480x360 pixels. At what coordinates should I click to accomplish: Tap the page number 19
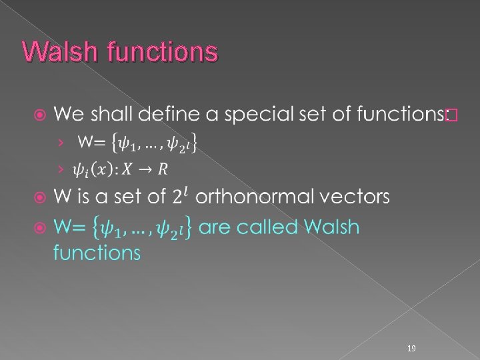point(411,349)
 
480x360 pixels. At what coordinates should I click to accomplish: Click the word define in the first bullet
point(175,115)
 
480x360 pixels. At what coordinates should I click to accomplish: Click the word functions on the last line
point(97,253)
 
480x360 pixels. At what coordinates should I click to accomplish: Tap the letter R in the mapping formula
point(163,169)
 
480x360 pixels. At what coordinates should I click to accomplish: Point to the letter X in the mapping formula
point(125,169)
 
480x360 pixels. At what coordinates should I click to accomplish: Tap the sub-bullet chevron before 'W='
point(62,142)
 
